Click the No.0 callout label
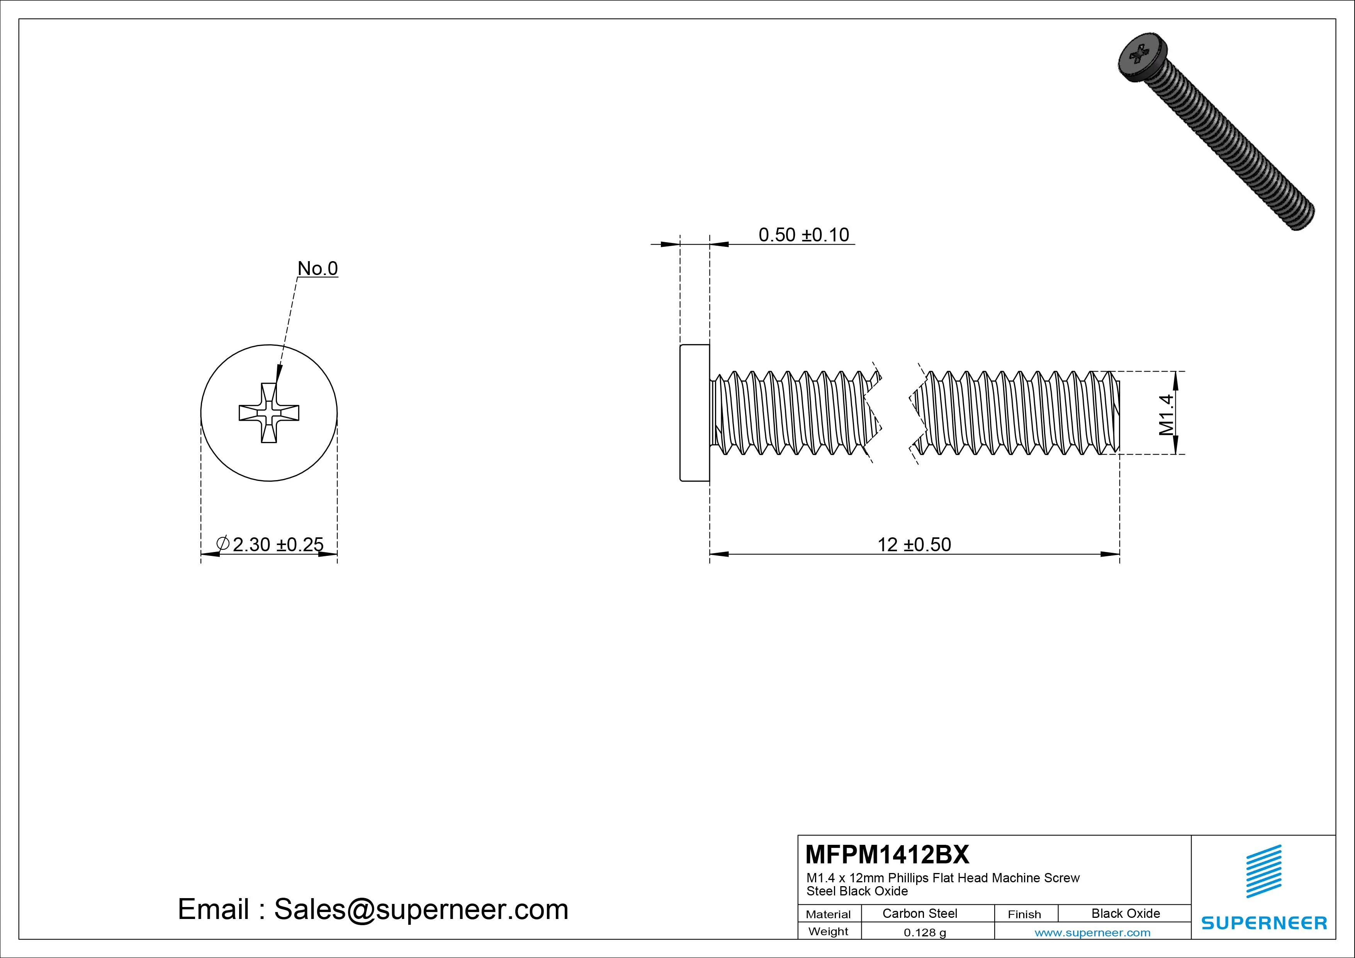318,268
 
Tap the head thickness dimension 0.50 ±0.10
803,235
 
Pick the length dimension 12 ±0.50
914,544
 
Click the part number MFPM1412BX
887,854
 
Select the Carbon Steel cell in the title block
919,913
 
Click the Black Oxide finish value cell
1126,913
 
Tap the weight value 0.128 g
925,933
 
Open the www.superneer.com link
1092,933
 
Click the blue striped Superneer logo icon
1263,871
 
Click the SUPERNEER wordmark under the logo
1263,922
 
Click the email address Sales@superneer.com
421,909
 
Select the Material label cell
828,914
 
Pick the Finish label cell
1024,914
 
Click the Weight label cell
828,931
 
